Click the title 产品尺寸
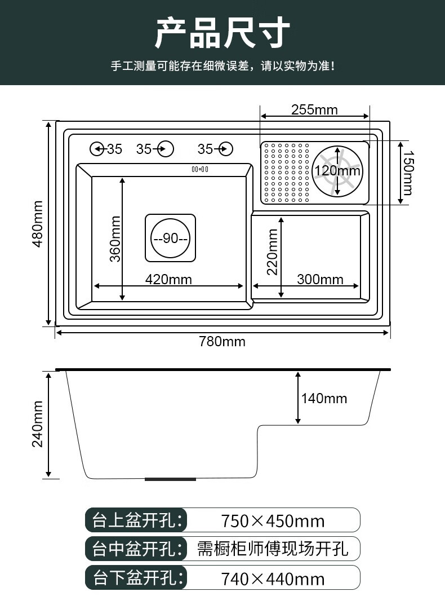point(222,33)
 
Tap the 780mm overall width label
point(222,341)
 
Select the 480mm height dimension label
point(38,223)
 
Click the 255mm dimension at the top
point(314,109)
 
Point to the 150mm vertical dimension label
point(408,173)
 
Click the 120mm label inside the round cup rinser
point(337,171)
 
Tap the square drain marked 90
point(171,238)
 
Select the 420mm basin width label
point(168,279)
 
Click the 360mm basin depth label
point(115,239)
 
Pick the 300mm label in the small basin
point(320,279)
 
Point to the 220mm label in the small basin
point(273,251)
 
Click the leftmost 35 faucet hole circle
point(97,149)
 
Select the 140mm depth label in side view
point(324,399)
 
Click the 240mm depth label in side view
point(38,423)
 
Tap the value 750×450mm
point(273,520)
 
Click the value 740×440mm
point(273,578)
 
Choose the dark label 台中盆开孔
point(136,549)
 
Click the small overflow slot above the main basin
point(200,169)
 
